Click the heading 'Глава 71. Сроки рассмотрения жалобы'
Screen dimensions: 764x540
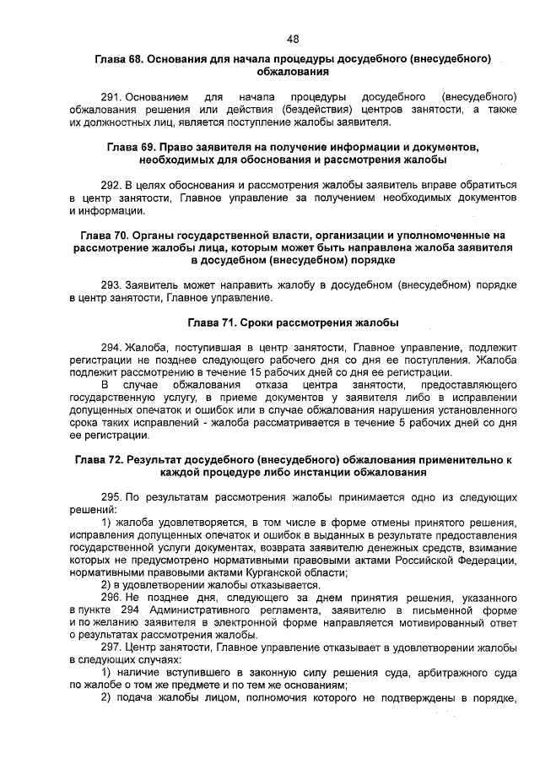292,322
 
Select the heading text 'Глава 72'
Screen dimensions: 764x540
101,460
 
